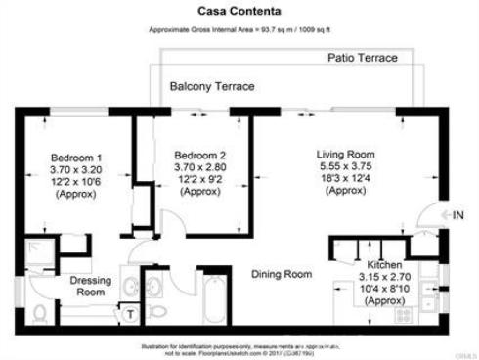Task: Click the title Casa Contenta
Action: (x=239, y=13)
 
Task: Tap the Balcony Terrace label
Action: (x=212, y=87)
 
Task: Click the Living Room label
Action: (x=346, y=155)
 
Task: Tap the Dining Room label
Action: (x=282, y=274)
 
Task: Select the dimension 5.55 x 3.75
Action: (x=346, y=166)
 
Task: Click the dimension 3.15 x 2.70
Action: (x=386, y=278)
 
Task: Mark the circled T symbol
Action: (x=128, y=314)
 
